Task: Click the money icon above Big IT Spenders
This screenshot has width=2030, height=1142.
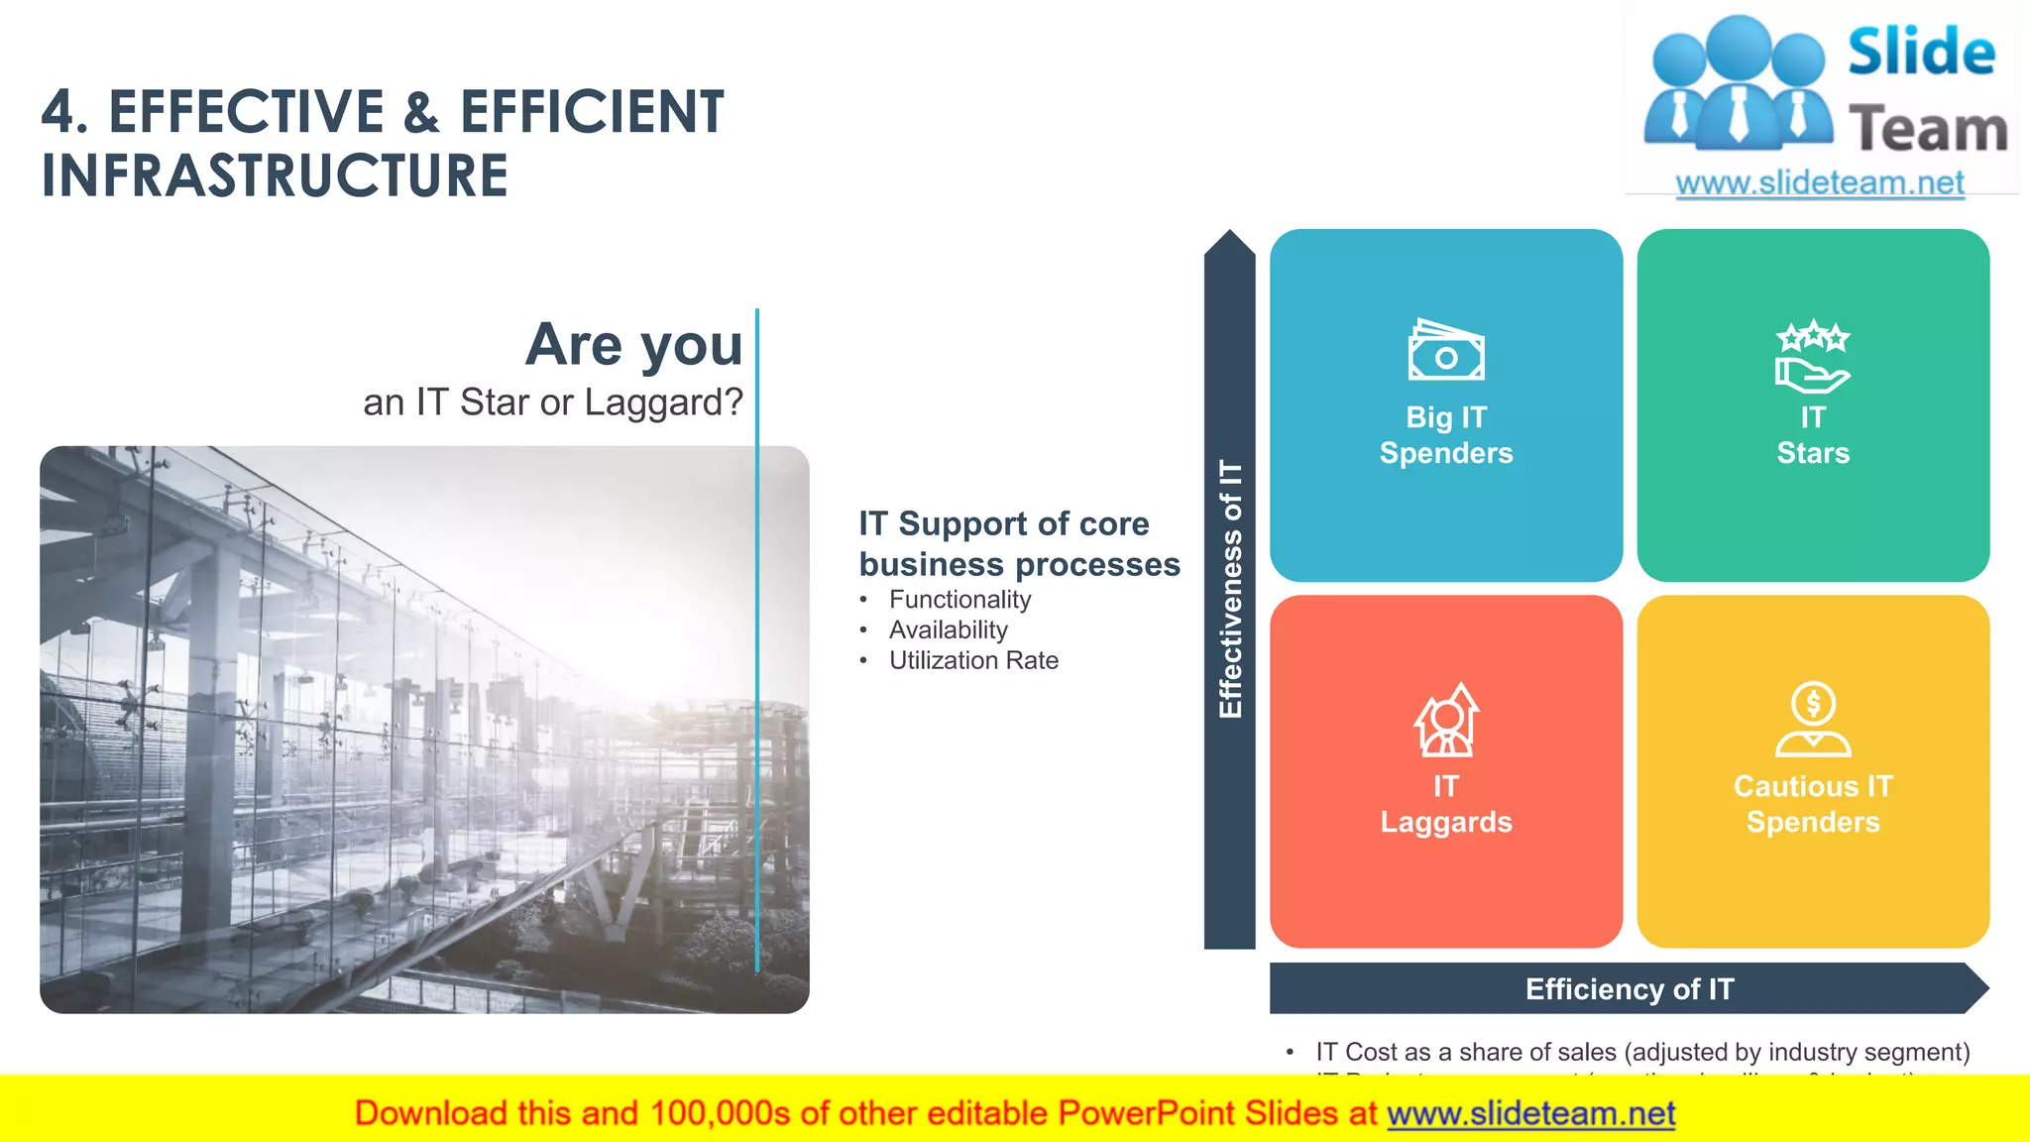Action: point(1446,350)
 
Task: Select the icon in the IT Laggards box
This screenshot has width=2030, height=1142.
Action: point(1446,720)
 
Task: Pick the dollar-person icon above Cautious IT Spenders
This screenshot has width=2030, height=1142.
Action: point(1813,720)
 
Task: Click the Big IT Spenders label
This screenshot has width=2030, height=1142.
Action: point(1446,435)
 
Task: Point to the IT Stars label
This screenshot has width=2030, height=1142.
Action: point(1813,435)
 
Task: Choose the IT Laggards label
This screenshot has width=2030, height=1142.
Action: point(1446,804)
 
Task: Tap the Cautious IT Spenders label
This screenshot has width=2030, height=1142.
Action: point(1813,804)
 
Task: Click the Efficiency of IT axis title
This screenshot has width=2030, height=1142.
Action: point(1630,988)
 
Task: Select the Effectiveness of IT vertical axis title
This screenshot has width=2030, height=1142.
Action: point(1230,589)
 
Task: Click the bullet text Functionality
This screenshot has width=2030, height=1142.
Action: point(959,600)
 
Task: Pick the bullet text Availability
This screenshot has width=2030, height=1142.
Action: point(948,630)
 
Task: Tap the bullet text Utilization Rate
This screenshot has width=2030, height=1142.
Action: point(973,661)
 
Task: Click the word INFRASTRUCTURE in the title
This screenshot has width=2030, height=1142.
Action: point(275,175)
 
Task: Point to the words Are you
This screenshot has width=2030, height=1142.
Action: point(633,345)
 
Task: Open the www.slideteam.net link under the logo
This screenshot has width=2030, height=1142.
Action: point(1820,182)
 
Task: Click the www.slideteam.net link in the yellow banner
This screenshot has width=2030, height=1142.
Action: point(1530,1113)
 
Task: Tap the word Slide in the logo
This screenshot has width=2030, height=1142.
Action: point(1921,53)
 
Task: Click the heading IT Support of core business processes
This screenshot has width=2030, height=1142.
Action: point(1019,543)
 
